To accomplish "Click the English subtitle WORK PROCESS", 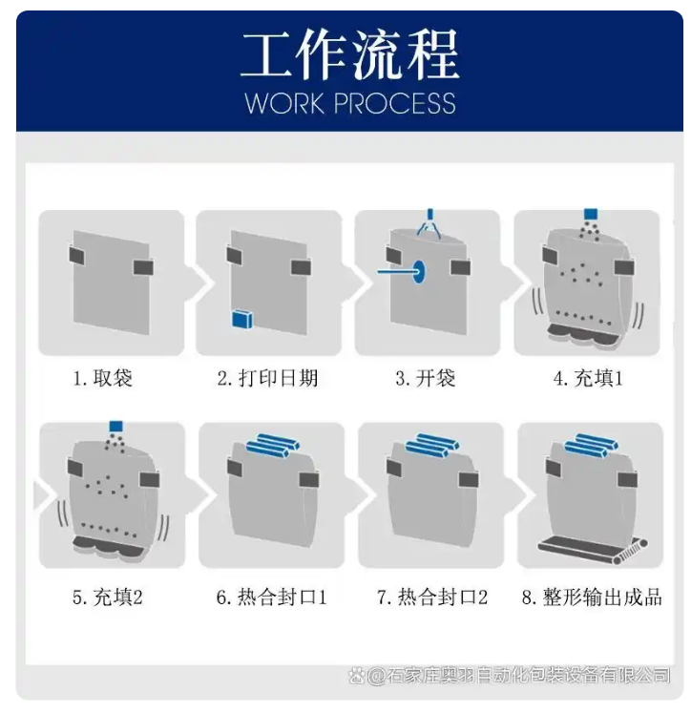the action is pyautogui.click(x=349, y=103).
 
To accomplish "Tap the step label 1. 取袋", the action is pyautogui.click(x=103, y=378).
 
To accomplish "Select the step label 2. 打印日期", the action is pyautogui.click(x=268, y=378).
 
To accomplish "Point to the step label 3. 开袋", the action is pyautogui.click(x=425, y=378).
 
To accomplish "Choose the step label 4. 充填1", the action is pyautogui.click(x=588, y=378).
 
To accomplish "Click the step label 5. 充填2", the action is pyautogui.click(x=107, y=598).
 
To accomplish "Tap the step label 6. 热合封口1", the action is pyautogui.click(x=271, y=598).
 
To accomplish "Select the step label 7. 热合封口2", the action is pyautogui.click(x=432, y=598).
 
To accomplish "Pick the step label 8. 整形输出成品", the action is pyautogui.click(x=592, y=598).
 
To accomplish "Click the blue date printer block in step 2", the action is pyautogui.click(x=242, y=319).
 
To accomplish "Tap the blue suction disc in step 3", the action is pyautogui.click(x=419, y=271).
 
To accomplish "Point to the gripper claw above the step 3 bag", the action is pyautogui.click(x=430, y=224).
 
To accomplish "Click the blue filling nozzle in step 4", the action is pyautogui.click(x=590, y=214).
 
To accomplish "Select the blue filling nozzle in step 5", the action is pyautogui.click(x=115, y=427).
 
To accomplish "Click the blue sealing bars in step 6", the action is pyautogui.click(x=272, y=444).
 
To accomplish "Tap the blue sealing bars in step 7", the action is pyautogui.click(x=431, y=444).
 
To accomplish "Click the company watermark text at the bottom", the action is pyautogui.click(x=510, y=676).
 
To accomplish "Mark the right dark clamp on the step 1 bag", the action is pyautogui.click(x=143, y=267).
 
